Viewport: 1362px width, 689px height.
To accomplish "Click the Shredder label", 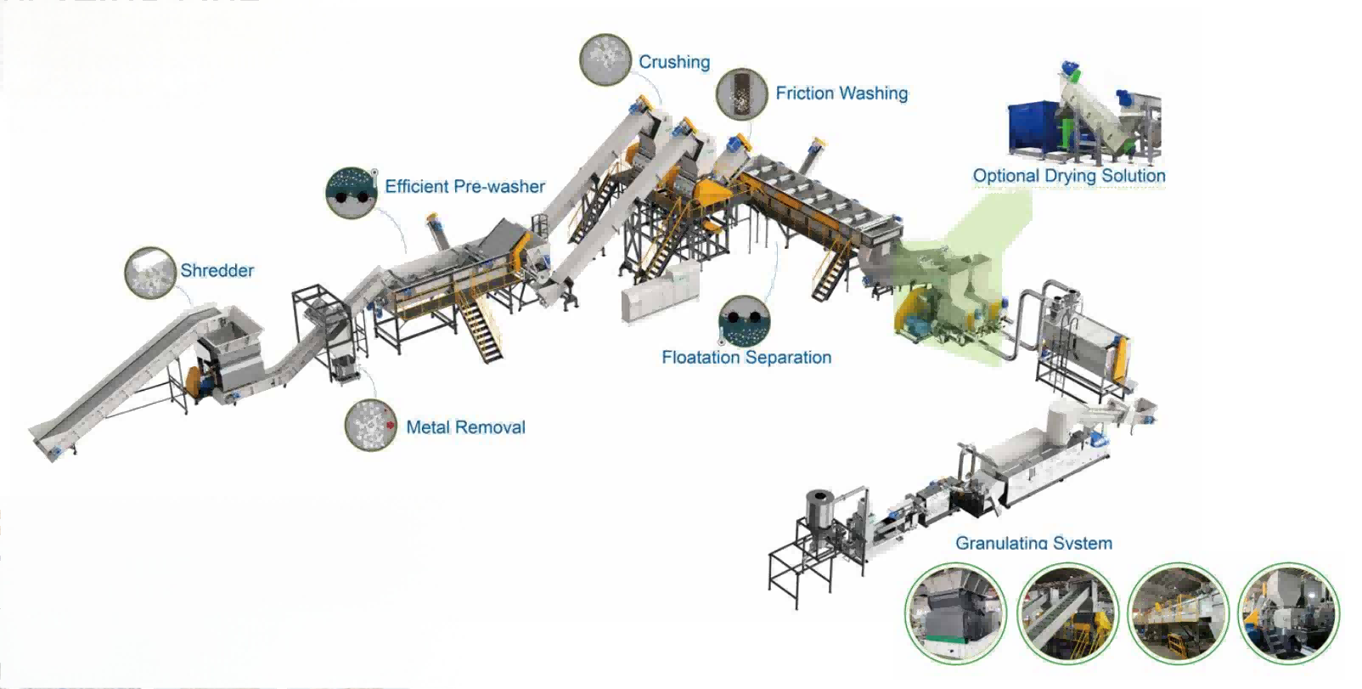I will [217, 270].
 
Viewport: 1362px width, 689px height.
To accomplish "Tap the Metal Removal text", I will [465, 427].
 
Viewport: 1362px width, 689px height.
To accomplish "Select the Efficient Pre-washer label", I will [464, 186].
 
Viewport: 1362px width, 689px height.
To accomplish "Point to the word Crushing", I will [674, 62].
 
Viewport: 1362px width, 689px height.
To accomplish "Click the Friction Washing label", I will [841, 93].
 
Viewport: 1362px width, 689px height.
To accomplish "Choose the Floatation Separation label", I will [746, 358].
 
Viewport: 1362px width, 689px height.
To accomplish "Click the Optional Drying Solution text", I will [1069, 176].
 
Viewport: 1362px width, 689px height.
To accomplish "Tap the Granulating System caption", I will [1033, 543].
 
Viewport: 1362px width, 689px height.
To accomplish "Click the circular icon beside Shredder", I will [150, 273].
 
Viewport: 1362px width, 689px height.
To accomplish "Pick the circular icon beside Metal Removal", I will [371, 425].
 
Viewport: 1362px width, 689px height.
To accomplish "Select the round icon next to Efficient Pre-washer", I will [352, 193].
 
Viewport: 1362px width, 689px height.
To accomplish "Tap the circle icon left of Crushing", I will [605, 59].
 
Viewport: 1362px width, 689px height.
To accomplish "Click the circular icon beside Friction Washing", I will [741, 94].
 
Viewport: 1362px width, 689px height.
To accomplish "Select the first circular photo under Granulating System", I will [955, 613].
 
